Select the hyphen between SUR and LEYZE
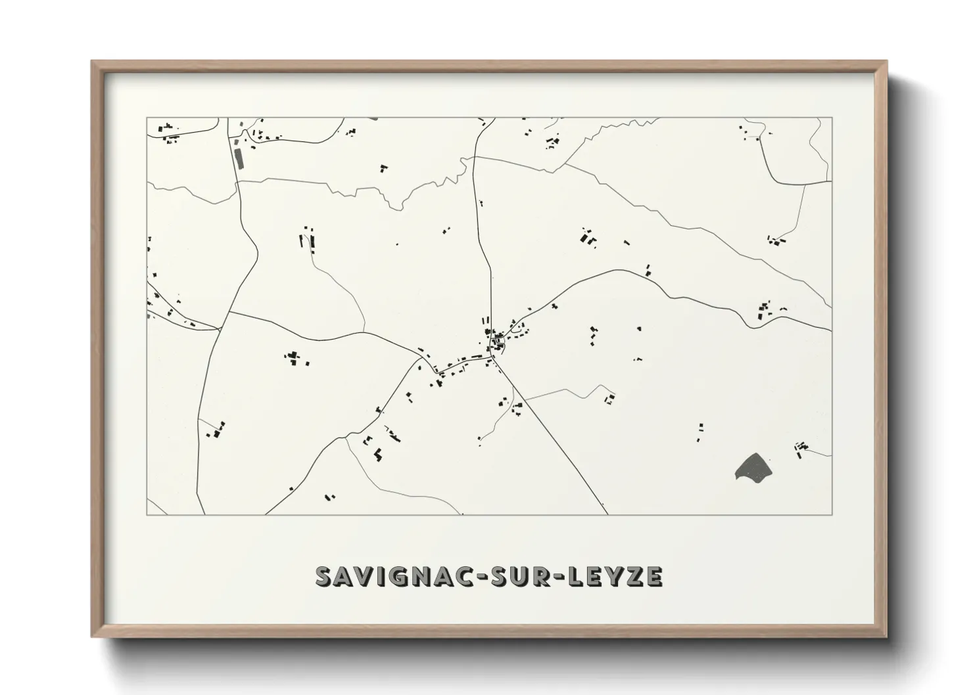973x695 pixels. [x=549, y=577]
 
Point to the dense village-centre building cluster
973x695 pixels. [x=496, y=340]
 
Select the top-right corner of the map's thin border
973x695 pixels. [x=832, y=118]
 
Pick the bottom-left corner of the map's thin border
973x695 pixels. [x=147, y=514]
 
